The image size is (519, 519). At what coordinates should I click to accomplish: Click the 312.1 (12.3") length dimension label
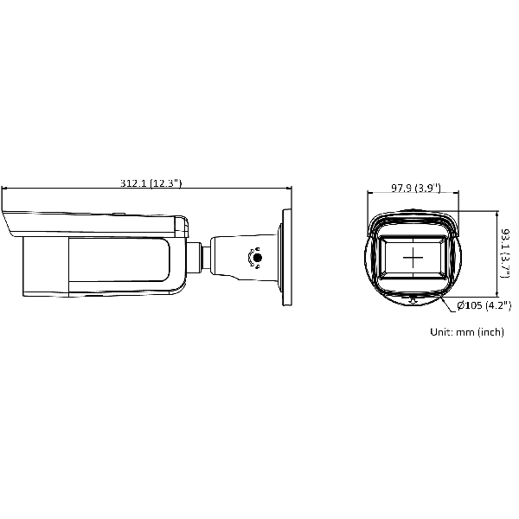click(151, 183)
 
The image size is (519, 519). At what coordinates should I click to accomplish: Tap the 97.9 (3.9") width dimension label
click(416, 188)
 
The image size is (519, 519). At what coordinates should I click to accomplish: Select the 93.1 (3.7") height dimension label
click(505, 253)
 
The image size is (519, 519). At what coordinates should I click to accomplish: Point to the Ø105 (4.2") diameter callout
click(484, 305)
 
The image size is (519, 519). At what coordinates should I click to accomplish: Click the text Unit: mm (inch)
click(467, 331)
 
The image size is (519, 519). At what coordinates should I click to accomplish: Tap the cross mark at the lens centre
click(413, 257)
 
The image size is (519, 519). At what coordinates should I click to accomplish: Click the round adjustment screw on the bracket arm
click(257, 258)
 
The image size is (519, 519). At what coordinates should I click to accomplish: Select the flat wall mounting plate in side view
click(286, 257)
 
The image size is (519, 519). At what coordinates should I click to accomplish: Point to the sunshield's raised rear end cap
click(182, 227)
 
